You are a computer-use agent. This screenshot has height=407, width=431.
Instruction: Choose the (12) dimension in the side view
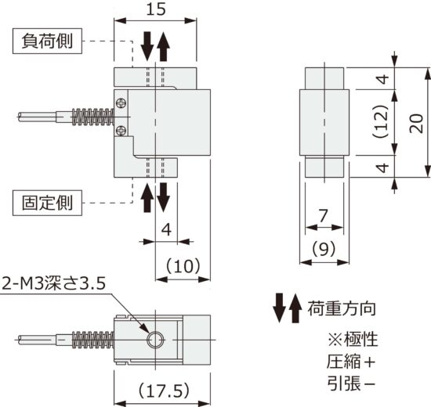[x=379, y=122]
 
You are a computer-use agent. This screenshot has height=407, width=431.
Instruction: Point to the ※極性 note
[x=352, y=340]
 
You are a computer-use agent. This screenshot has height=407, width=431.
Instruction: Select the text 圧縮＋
[x=352, y=362]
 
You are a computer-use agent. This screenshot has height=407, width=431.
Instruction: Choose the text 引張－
[x=352, y=384]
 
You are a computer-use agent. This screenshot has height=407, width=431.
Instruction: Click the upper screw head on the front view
[x=120, y=101]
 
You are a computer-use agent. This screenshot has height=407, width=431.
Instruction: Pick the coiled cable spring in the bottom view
[x=92, y=340]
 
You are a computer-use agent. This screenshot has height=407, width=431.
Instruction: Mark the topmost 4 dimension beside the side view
[x=379, y=80]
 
